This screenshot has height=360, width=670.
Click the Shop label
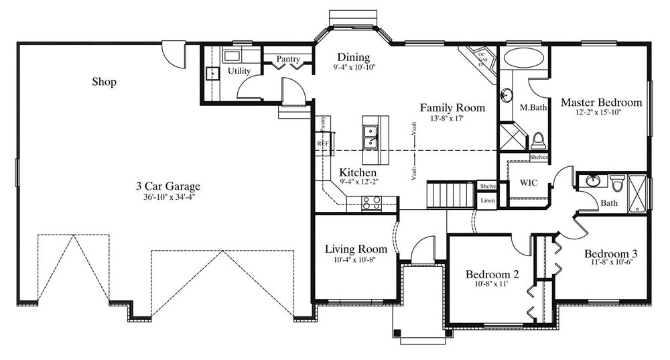point(104,82)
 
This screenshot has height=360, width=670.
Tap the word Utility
point(239,71)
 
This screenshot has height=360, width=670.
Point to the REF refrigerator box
point(323,143)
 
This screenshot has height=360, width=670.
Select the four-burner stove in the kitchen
point(371,202)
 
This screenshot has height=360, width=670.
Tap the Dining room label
point(354,57)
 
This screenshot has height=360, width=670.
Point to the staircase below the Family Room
point(451,194)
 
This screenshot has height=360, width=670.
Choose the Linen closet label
point(487,200)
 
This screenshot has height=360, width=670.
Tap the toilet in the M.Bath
point(538,141)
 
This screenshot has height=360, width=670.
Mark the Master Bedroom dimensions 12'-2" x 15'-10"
point(601,113)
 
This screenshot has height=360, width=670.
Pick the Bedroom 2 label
point(492,274)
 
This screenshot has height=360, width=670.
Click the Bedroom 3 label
point(610,254)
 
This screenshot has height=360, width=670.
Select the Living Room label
point(356,249)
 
